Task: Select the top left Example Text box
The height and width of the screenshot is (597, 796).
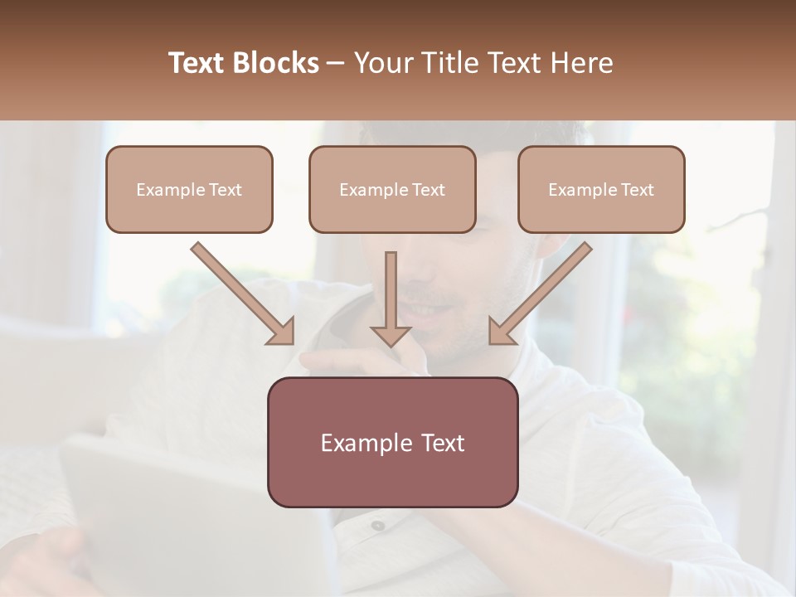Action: point(189,189)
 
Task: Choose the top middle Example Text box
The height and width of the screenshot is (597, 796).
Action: point(392,189)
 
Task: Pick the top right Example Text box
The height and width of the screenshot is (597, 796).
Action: point(601,189)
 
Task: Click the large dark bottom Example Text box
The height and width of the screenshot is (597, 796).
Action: point(392,442)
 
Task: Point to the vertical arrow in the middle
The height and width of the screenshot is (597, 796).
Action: point(391,294)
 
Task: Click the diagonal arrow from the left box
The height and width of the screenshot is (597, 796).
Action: point(240,292)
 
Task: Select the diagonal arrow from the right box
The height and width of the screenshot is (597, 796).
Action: point(542,292)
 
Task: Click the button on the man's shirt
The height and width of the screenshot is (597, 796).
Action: point(378,525)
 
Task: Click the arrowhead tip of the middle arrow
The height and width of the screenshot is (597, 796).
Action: point(391,344)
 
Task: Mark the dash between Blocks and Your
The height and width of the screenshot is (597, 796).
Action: point(337,64)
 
